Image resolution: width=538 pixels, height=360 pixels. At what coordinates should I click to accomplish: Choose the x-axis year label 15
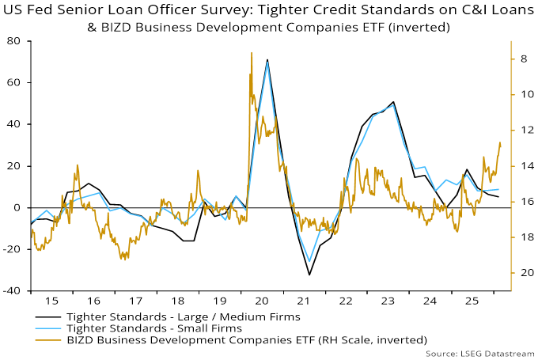[x=51, y=302]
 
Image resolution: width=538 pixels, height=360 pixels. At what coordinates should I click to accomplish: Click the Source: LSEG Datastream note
[x=480, y=353]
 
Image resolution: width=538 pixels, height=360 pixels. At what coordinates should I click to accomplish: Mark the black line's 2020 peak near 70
[x=267, y=60]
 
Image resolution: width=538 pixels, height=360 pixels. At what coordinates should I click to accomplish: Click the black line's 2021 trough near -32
[x=309, y=275]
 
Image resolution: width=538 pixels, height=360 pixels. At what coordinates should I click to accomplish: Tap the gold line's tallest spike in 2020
[x=251, y=53]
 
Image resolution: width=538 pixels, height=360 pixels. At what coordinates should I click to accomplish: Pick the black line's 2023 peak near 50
[x=393, y=102]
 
